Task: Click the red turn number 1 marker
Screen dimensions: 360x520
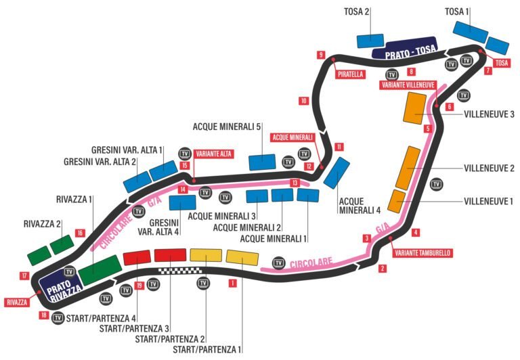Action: (232, 284)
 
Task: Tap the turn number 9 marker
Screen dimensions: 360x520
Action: (320, 55)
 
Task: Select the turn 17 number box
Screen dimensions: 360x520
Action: (24, 275)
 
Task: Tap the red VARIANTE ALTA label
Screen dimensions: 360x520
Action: (214, 154)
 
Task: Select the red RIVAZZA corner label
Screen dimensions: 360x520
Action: (16, 302)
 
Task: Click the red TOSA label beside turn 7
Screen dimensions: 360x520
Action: (501, 63)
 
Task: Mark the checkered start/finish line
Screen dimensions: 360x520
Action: (183, 271)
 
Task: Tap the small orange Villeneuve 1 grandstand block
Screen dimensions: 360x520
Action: (398, 201)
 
